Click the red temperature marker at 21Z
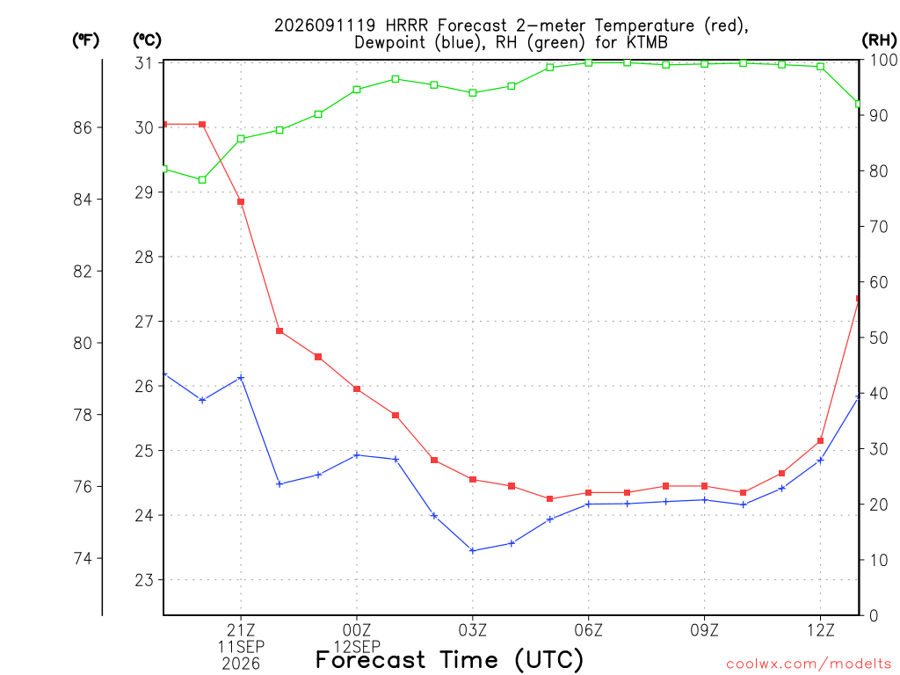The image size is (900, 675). click(x=241, y=201)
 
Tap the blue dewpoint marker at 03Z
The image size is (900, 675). click(x=473, y=550)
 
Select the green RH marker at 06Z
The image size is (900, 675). click(x=588, y=62)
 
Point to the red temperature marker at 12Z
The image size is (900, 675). click(x=820, y=441)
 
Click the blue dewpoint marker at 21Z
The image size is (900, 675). click(x=241, y=378)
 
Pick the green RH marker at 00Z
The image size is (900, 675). click(x=357, y=90)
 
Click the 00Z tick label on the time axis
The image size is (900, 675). click(x=357, y=630)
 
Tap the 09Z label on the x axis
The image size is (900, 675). click(x=704, y=630)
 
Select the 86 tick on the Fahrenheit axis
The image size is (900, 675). click(x=83, y=127)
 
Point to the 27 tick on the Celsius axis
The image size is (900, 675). click(x=144, y=322)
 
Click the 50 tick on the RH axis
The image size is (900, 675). click(x=878, y=337)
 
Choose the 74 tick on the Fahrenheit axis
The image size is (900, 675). click(x=83, y=558)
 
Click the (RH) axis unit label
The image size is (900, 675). click(x=879, y=40)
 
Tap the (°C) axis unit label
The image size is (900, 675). click(x=147, y=40)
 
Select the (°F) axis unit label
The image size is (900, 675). click(x=85, y=40)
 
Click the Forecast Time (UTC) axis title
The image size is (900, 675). click(x=449, y=659)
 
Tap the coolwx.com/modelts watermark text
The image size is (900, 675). click(x=809, y=664)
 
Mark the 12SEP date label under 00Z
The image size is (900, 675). click(x=357, y=646)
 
